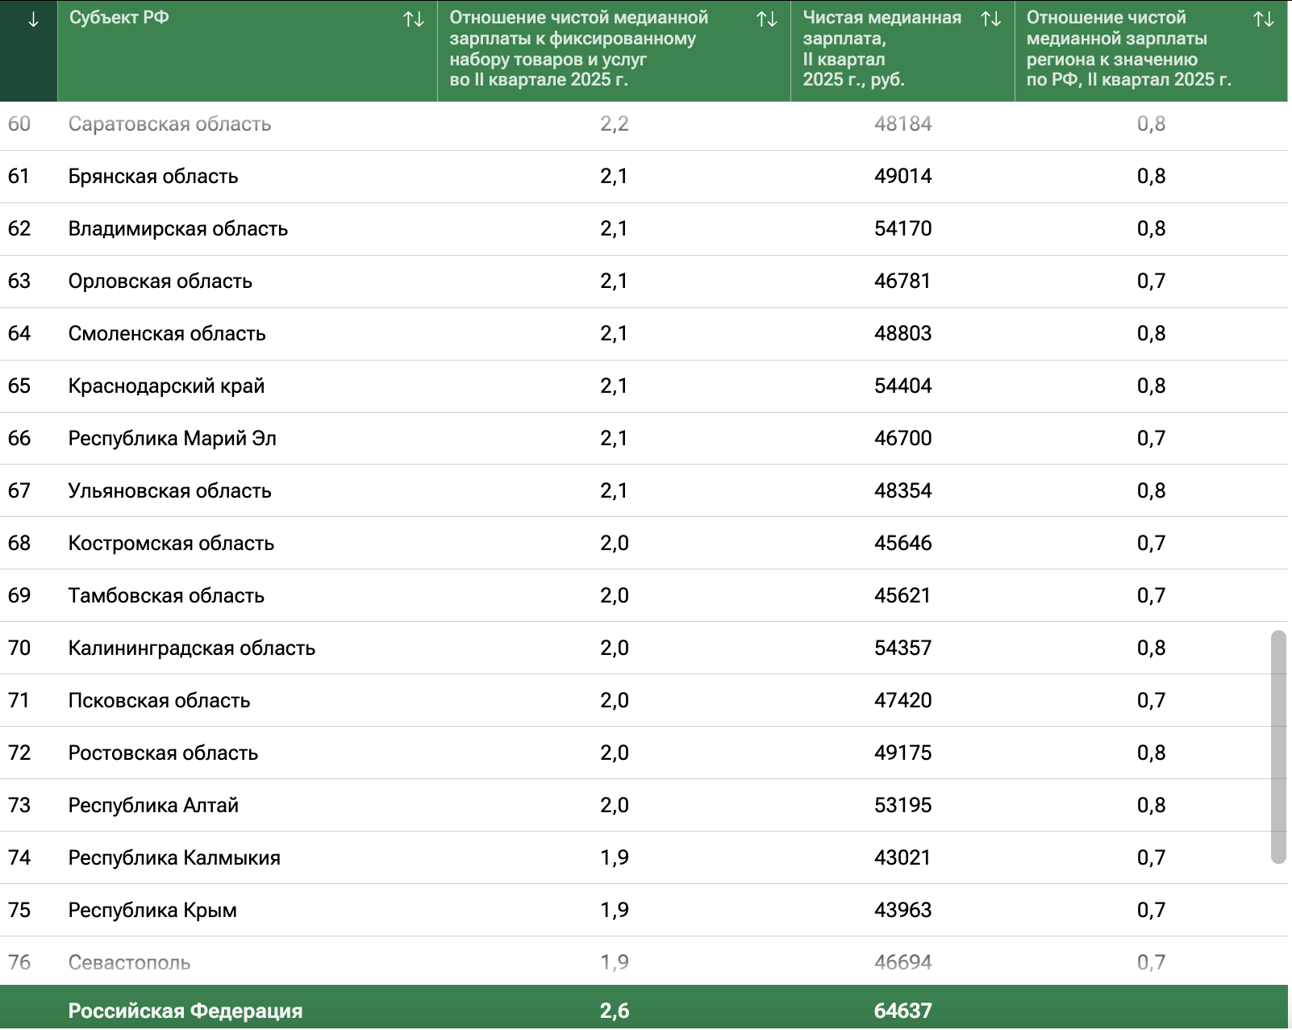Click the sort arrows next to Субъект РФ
414,19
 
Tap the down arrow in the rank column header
34,19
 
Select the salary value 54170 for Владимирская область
902,229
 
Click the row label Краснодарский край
166,386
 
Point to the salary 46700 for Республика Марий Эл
902,439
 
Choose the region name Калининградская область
191,648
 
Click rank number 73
19,806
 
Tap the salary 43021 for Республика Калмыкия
902,857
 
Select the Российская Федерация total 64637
903,1010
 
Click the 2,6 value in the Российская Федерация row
615,1010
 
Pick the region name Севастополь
129,963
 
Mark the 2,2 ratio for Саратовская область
615,123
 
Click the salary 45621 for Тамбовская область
902,596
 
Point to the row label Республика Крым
152,911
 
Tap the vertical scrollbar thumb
1278,747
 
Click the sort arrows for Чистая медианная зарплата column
990,19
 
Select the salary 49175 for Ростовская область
902,753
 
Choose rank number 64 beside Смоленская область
19,333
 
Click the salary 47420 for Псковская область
902,701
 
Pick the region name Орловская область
160,281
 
